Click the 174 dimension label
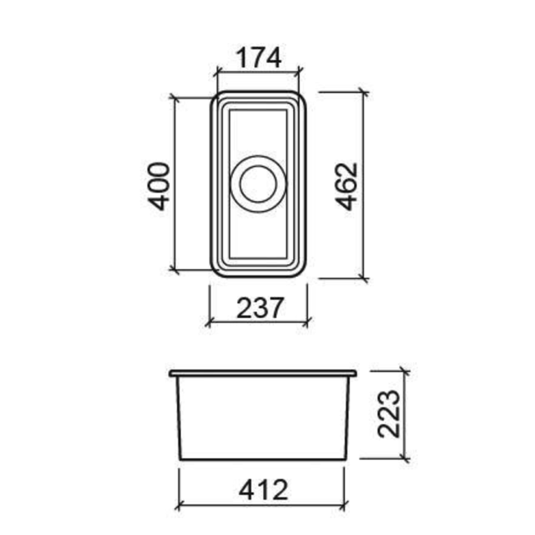258,58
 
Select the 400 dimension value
159,185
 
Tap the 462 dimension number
348,185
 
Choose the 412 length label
263,490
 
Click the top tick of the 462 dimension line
363,93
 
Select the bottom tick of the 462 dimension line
363,278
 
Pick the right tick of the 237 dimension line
307,322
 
